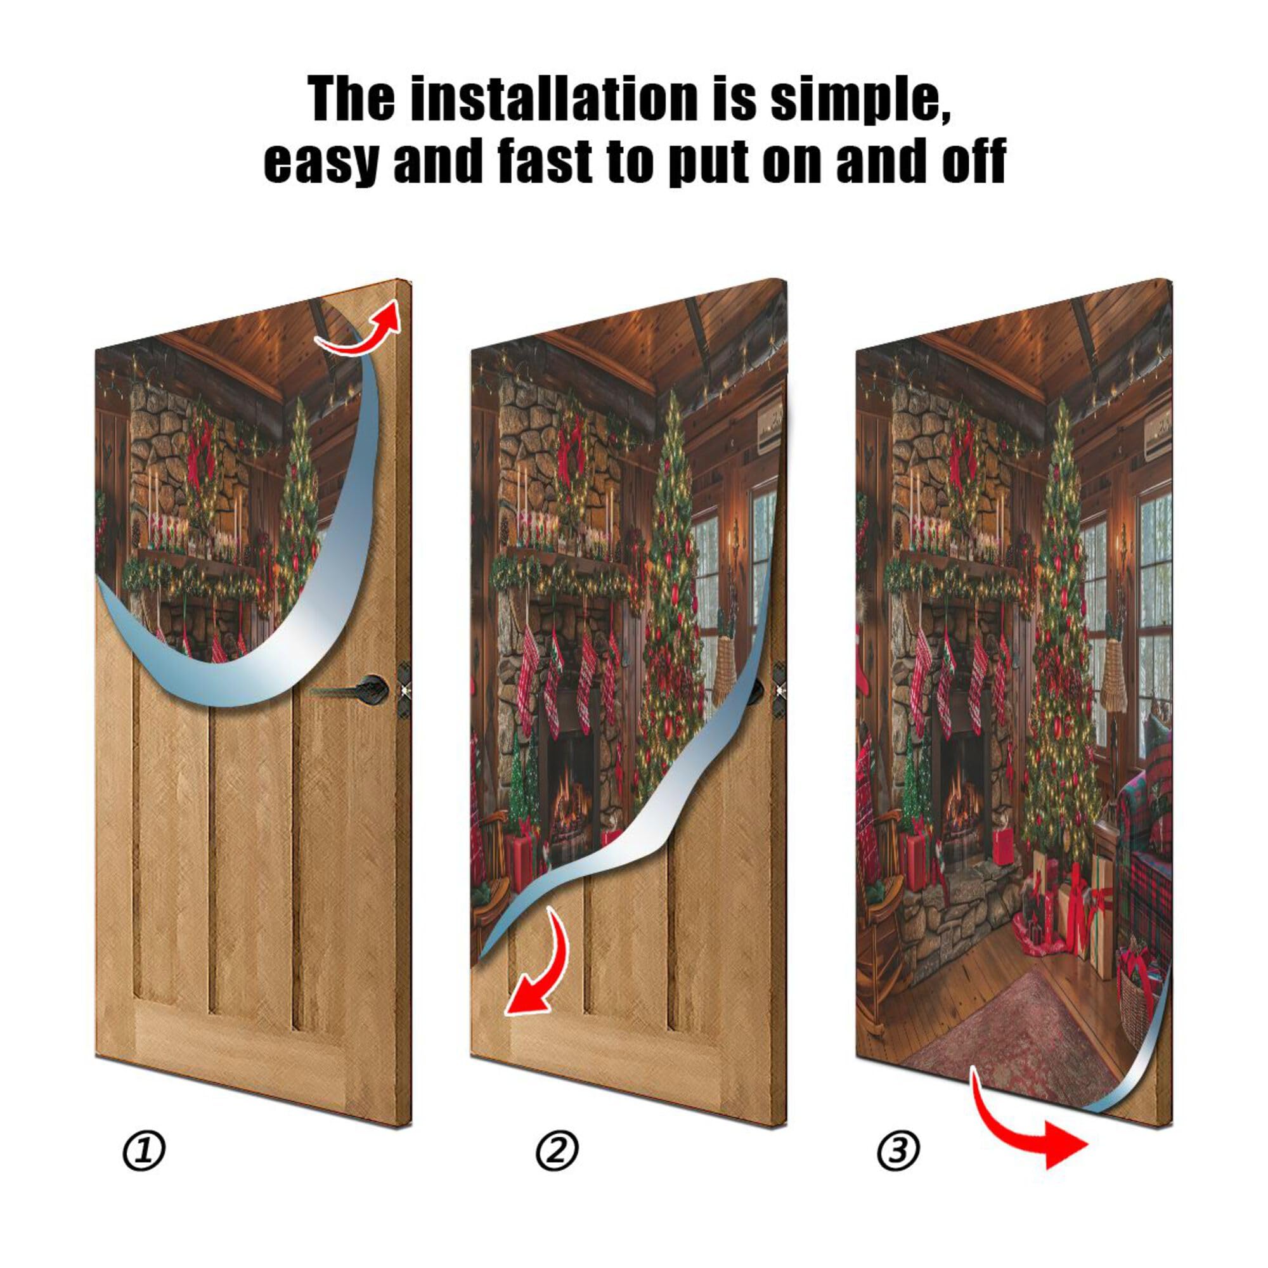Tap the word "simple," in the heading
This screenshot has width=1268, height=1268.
[860, 100]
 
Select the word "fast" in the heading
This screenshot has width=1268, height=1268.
[544, 162]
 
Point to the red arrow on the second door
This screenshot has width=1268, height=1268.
[538, 971]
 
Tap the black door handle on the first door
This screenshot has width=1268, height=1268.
[354, 689]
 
